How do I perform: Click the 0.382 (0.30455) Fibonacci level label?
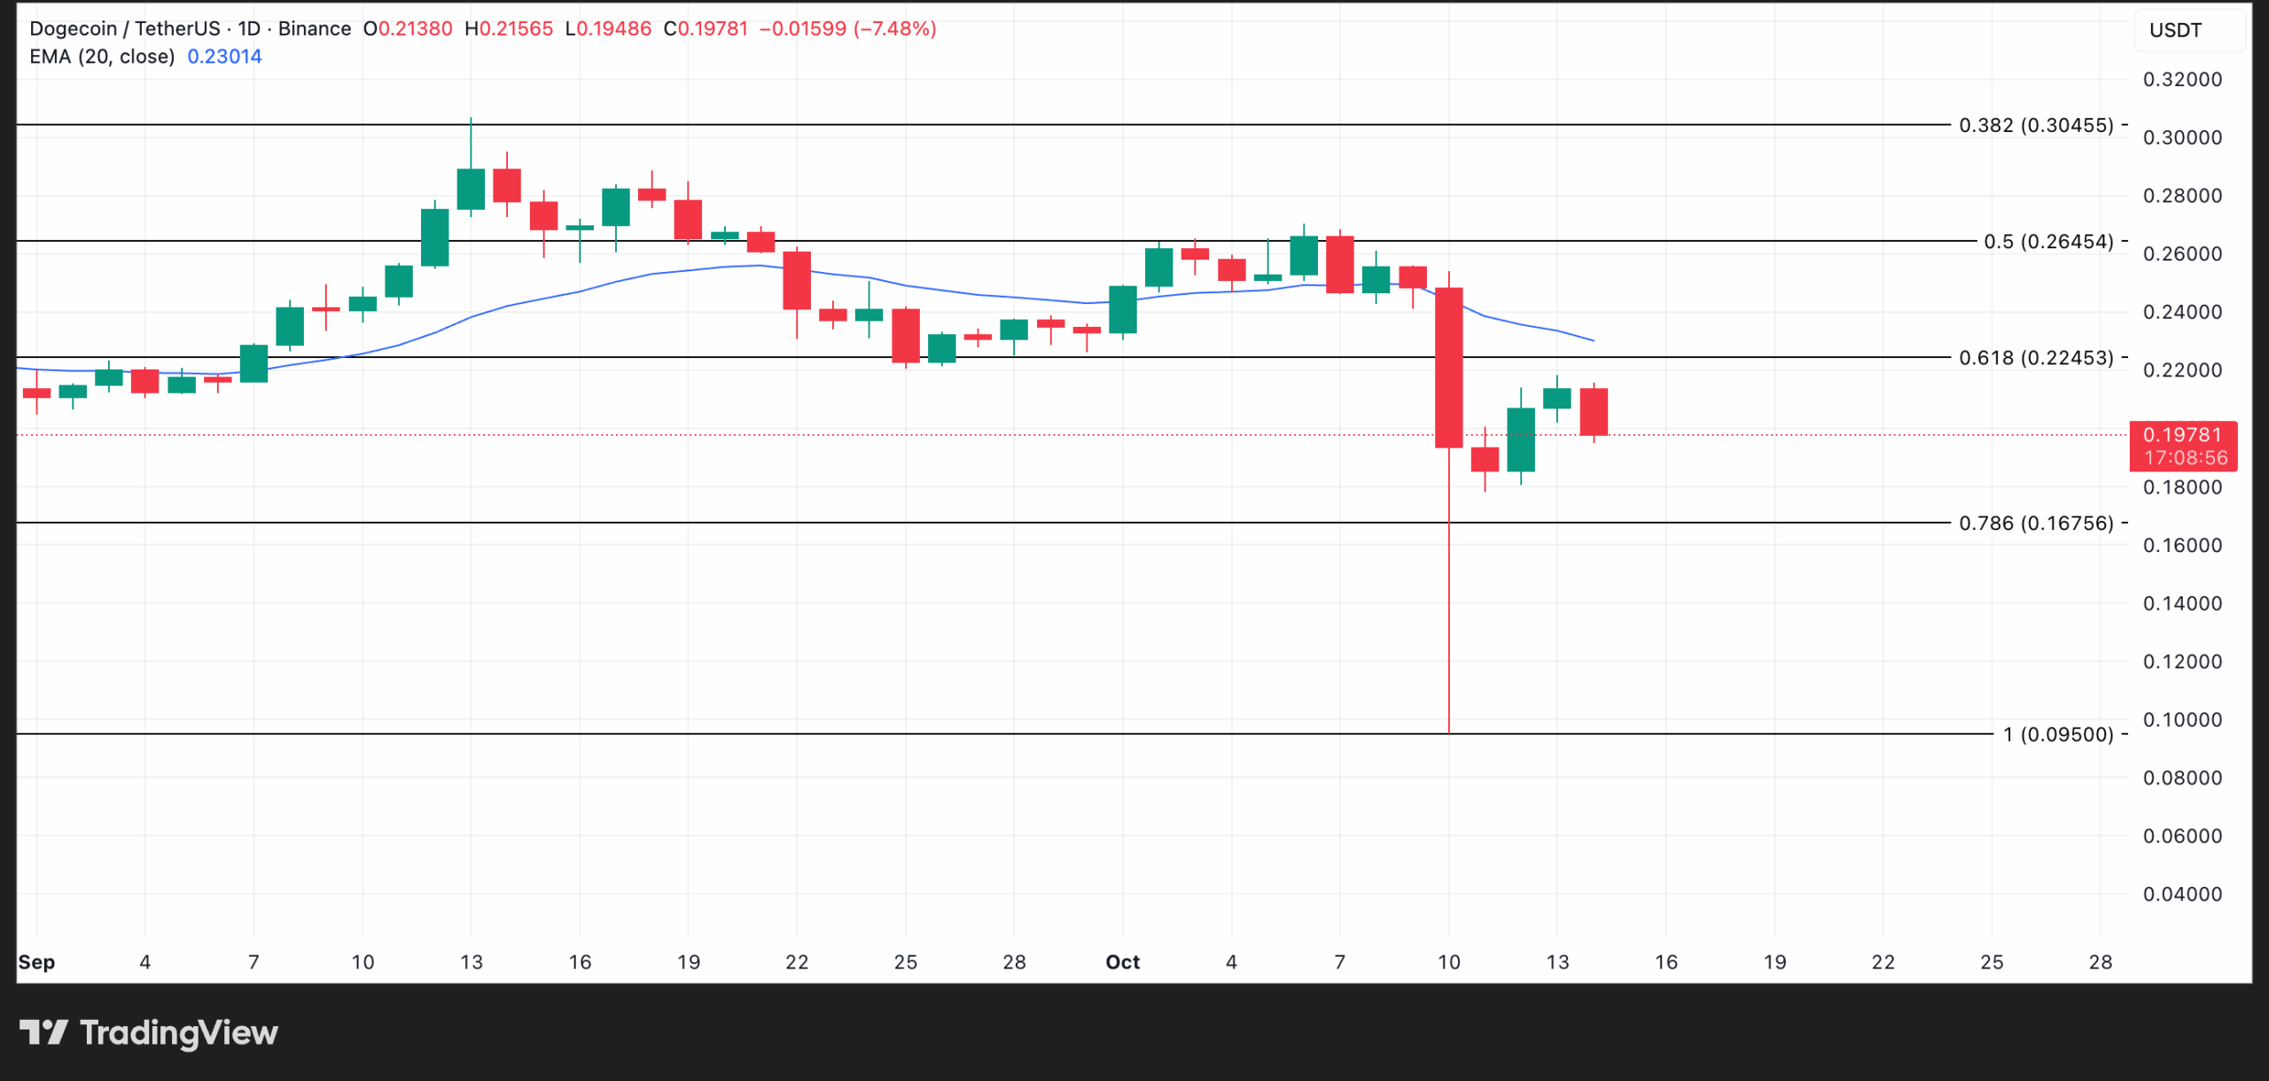coord(2035,125)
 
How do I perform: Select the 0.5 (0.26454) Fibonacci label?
coord(2047,241)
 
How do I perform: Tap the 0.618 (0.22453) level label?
coord(2035,357)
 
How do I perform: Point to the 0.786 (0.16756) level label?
coord(2035,523)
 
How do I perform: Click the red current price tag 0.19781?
coord(2181,435)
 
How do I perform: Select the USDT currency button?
coord(2175,30)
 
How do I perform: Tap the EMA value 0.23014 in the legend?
coord(224,57)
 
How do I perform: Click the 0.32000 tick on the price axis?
coord(2181,80)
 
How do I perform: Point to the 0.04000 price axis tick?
coord(2181,894)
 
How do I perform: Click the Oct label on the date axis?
coord(1122,962)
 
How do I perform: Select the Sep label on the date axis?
coord(36,962)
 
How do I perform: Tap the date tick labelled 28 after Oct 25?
coord(2100,962)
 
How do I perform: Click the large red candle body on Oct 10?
coord(1448,368)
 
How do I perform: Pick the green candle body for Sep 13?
coord(471,189)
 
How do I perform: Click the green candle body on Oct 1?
coord(1123,309)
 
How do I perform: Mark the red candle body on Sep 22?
coord(797,280)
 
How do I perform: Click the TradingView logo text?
coord(178,1033)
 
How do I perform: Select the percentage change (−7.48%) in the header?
coord(894,28)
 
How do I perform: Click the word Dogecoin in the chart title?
coord(73,28)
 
